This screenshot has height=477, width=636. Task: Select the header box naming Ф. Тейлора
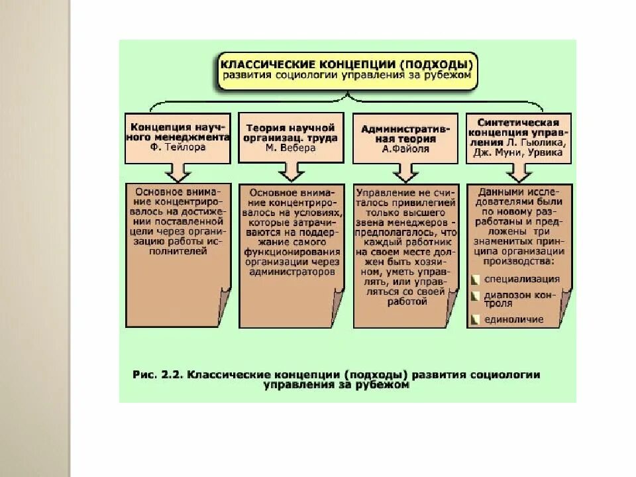(x=178, y=137)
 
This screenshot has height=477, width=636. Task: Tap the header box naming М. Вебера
(x=291, y=137)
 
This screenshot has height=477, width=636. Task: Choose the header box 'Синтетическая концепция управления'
(x=518, y=137)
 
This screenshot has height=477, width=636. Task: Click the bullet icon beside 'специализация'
(x=474, y=279)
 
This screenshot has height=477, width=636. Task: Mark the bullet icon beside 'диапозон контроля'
(x=474, y=295)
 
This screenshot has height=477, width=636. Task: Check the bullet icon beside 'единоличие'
(x=474, y=319)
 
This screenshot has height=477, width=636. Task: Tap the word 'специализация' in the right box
(x=522, y=279)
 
